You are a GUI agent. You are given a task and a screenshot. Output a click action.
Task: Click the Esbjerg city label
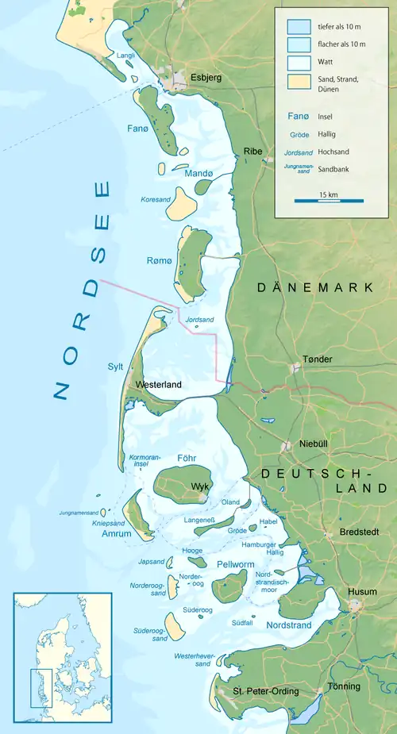pos(206,78)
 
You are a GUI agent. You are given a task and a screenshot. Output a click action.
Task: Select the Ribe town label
pos(252,152)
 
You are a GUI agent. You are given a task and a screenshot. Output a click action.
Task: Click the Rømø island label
pos(160,261)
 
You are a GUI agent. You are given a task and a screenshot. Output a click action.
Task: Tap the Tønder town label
pos(317,359)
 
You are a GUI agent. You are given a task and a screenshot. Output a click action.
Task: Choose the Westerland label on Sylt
pos(159,385)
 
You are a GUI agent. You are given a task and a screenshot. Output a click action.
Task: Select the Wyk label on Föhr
pos(198,486)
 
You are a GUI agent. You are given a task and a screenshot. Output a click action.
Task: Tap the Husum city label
pos(361,592)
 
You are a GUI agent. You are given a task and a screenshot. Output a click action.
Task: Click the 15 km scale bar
pos(329,200)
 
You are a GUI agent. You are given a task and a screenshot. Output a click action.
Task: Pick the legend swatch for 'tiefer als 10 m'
pos(299,26)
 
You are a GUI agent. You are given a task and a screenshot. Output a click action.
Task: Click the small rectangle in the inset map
pos(41,687)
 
